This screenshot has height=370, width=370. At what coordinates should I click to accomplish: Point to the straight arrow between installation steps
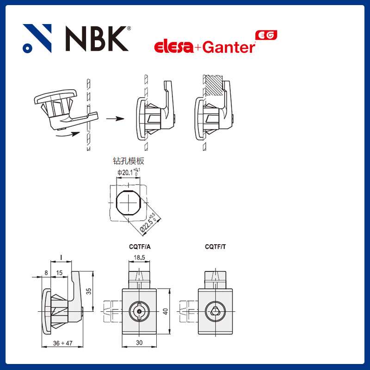tap(115, 118)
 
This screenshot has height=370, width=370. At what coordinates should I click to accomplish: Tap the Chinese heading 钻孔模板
tap(129, 161)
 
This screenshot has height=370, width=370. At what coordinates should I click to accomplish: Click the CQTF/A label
tap(139, 247)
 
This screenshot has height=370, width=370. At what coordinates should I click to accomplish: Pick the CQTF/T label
tap(216, 247)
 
